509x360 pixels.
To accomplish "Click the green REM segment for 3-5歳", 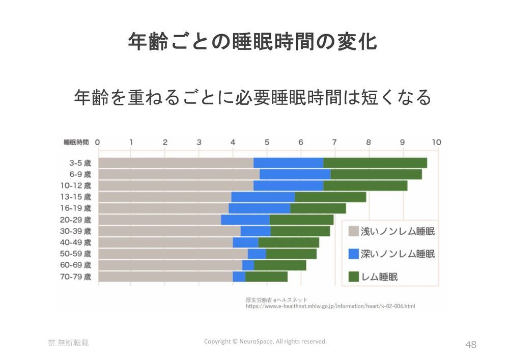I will (375, 163).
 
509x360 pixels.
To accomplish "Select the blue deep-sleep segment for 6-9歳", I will (295, 174).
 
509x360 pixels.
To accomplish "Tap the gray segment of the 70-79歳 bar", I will (165, 276).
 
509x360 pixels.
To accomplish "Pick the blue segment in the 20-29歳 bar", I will (245, 220).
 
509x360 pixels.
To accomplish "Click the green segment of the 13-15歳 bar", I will (330, 197).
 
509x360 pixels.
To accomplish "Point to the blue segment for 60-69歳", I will (248, 265).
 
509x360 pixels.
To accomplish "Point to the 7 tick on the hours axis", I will (334, 142).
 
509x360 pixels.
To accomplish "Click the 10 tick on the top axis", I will (436, 142).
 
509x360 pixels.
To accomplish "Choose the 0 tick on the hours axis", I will (98, 142).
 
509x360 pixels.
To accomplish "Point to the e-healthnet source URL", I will (330, 307).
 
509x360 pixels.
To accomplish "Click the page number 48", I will (471, 345).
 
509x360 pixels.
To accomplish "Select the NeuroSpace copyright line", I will (265, 341).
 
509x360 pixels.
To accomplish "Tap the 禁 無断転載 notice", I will (68, 343).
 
